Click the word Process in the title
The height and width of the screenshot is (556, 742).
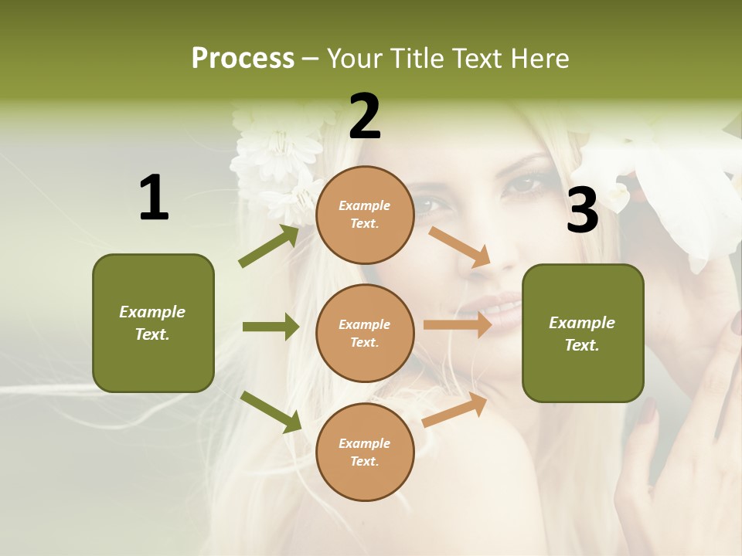click(243, 59)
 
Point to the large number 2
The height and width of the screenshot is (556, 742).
click(365, 117)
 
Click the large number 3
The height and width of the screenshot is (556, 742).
click(582, 210)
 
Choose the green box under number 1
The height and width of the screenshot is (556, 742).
click(153, 323)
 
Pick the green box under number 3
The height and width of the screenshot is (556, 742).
click(583, 333)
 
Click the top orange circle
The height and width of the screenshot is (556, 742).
click(365, 215)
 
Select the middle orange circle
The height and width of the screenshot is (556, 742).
click(365, 333)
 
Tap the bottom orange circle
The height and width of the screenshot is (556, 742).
click(365, 452)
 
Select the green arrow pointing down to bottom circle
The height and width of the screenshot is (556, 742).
click(271, 411)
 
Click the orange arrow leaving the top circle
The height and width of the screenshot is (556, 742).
click(460, 246)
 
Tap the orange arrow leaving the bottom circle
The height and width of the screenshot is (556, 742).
click(454, 409)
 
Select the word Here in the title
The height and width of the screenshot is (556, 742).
click(540, 59)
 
